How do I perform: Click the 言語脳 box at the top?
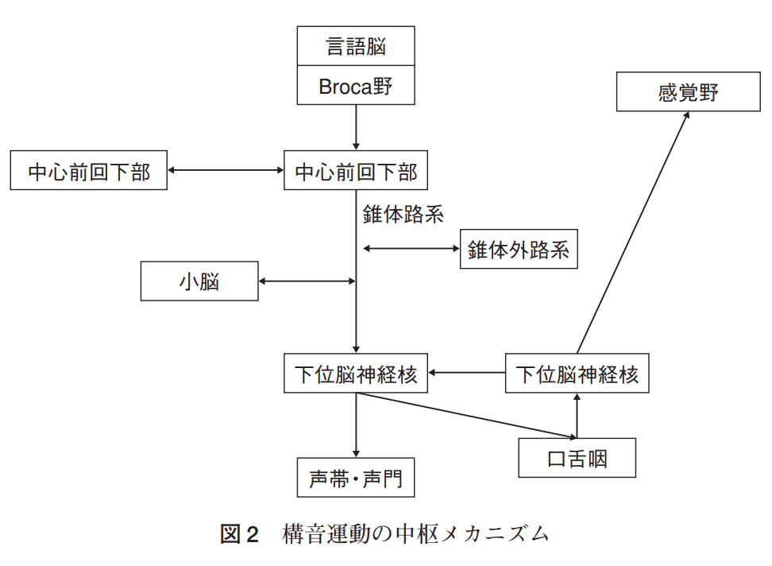click(356, 46)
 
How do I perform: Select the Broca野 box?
click(356, 86)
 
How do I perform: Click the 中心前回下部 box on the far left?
click(89, 170)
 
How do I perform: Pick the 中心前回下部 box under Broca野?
click(356, 170)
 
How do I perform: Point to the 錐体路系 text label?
click(403, 214)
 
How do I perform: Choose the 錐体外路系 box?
click(518, 250)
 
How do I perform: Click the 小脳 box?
click(199, 281)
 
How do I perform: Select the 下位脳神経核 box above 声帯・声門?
click(356, 373)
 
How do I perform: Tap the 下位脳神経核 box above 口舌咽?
click(577, 373)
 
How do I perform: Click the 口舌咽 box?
click(577, 458)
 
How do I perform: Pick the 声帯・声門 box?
click(356, 479)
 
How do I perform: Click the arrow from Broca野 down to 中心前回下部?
click(356, 127)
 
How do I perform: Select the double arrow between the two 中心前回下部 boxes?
click(226, 170)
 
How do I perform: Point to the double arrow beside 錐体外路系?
click(411, 250)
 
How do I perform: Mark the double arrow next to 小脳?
click(307, 281)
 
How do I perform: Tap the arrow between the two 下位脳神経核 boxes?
click(467, 372)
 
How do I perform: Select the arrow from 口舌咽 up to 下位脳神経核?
click(577, 415)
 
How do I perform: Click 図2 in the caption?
click(239, 534)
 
